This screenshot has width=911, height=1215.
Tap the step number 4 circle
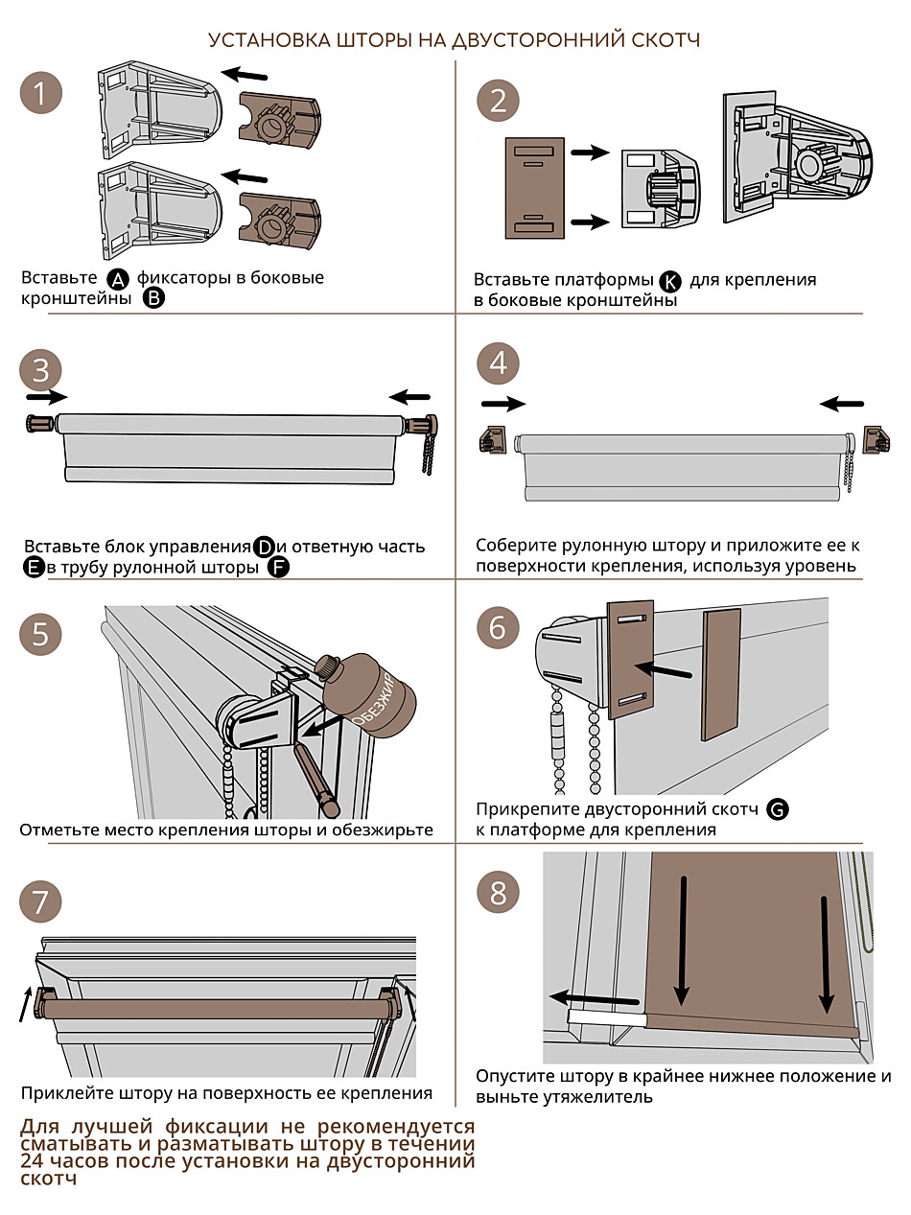point(498,362)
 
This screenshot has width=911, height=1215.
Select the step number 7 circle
point(40,901)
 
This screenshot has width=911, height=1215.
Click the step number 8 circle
point(498,894)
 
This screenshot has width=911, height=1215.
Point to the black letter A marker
point(117,279)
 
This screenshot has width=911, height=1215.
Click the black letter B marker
point(154,299)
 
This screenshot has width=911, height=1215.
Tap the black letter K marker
point(669,281)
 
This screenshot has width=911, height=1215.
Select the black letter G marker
point(779,810)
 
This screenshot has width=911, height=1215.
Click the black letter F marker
point(279,568)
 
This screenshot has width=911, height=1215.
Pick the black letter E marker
point(34,568)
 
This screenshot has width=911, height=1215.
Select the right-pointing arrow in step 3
point(47,396)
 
